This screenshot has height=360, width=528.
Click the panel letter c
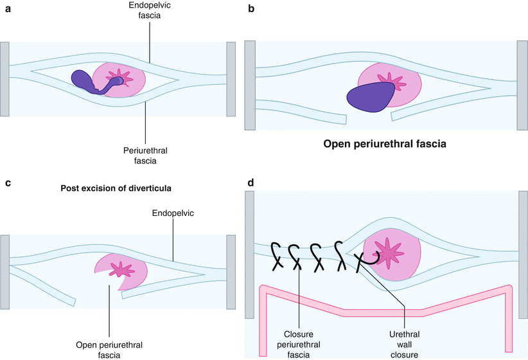point(8,183)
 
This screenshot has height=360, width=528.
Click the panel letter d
point(251,183)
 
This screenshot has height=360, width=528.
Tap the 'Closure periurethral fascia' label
point(299,343)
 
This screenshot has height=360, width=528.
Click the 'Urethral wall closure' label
point(405,343)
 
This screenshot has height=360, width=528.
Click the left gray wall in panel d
point(251,264)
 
